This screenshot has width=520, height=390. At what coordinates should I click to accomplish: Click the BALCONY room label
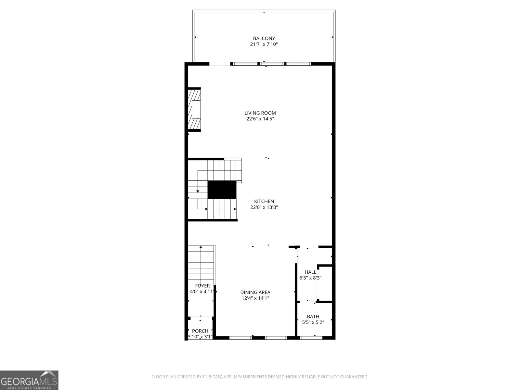tap(264, 38)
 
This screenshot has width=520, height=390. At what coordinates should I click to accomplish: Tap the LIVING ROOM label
tap(260, 113)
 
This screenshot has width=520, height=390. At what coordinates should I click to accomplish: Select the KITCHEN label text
tap(264, 201)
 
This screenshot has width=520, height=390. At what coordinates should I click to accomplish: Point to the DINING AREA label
tap(255, 292)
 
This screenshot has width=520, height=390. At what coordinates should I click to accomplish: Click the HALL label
tap(310, 272)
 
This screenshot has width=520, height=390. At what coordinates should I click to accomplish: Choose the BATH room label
tap(313, 317)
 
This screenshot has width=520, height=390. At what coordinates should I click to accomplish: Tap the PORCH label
tap(200, 331)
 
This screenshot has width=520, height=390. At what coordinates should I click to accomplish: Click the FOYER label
tap(202, 286)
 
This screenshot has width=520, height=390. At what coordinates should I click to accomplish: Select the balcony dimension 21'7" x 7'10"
tap(264, 44)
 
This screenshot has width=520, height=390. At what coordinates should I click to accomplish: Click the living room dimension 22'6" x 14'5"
tap(260, 119)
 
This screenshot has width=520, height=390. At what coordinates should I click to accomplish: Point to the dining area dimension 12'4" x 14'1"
tap(255, 298)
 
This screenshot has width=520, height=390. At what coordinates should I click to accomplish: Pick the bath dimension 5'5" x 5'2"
tap(313, 322)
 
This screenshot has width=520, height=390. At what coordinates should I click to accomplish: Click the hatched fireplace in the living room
tap(194, 109)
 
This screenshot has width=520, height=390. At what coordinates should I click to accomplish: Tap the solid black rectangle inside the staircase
tap(222, 190)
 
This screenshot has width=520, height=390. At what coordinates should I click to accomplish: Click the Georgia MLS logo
tap(29, 380)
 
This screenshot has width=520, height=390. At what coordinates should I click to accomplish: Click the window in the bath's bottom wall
tap(311, 338)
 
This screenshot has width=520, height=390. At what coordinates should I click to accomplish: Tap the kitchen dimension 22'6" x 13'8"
tap(264, 207)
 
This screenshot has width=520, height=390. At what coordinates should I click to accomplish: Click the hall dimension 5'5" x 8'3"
tap(310, 278)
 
